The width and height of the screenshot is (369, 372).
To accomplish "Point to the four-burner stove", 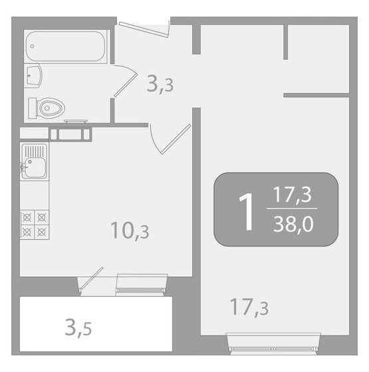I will pyautogui.click(x=35, y=224).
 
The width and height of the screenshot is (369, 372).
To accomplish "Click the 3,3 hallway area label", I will pyautogui.click(x=160, y=84).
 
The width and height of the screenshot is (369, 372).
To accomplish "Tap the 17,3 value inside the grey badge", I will pyautogui.click(x=293, y=196).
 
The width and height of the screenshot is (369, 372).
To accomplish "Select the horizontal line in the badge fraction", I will pyautogui.click(x=293, y=211).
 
